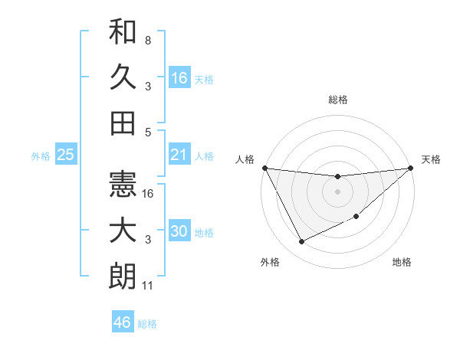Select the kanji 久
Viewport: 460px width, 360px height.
(x=123, y=77)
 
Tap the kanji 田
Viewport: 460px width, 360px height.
(x=123, y=123)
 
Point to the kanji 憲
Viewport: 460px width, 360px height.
(x=123, y=184)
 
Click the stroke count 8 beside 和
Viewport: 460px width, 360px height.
(x=148, y=40)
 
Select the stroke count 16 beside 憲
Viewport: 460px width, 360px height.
(x=149, y=194)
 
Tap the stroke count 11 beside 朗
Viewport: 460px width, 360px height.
(x=149, y=286)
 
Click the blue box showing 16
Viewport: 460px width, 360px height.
(x=179, y=77)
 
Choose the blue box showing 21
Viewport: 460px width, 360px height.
(x=179, y=155)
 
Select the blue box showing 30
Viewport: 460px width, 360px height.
(x=179, y=231)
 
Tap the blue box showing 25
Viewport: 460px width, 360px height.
(x=66, y=155)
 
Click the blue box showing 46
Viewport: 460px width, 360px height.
(x=123, y=322)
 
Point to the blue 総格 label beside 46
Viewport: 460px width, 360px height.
(x=148, y=324)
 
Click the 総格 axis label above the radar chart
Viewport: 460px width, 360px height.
(x=338, y=100)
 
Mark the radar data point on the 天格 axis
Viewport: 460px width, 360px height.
(x=411, y=168)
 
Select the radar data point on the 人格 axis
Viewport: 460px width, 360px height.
(x=265, y=168)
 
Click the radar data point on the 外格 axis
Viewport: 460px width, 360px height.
(x=301, y=242)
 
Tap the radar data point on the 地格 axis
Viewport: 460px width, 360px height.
(x=356, y=218)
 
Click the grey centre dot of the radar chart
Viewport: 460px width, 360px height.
(x=338, y=191)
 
